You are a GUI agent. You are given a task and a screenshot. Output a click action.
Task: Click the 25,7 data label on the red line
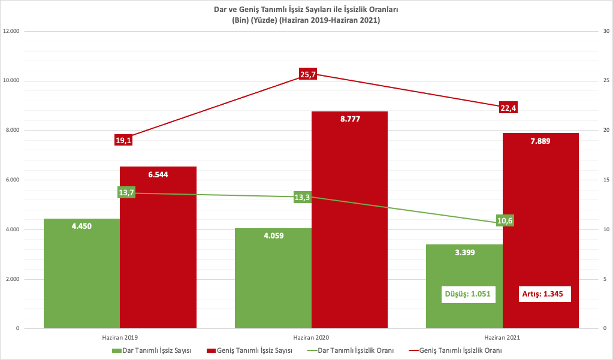click(307, 74)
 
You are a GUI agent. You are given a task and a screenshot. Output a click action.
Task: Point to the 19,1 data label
click(123, 140)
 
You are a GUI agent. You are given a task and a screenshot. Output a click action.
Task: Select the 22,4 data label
click(508, 108)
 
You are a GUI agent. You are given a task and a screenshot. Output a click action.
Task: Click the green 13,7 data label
click(126, 192)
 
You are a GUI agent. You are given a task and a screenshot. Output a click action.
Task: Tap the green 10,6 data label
click(505, 220)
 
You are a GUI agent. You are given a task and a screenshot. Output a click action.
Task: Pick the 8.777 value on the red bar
click(349, 119)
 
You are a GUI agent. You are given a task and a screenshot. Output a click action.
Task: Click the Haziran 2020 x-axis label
click(311, 338)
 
